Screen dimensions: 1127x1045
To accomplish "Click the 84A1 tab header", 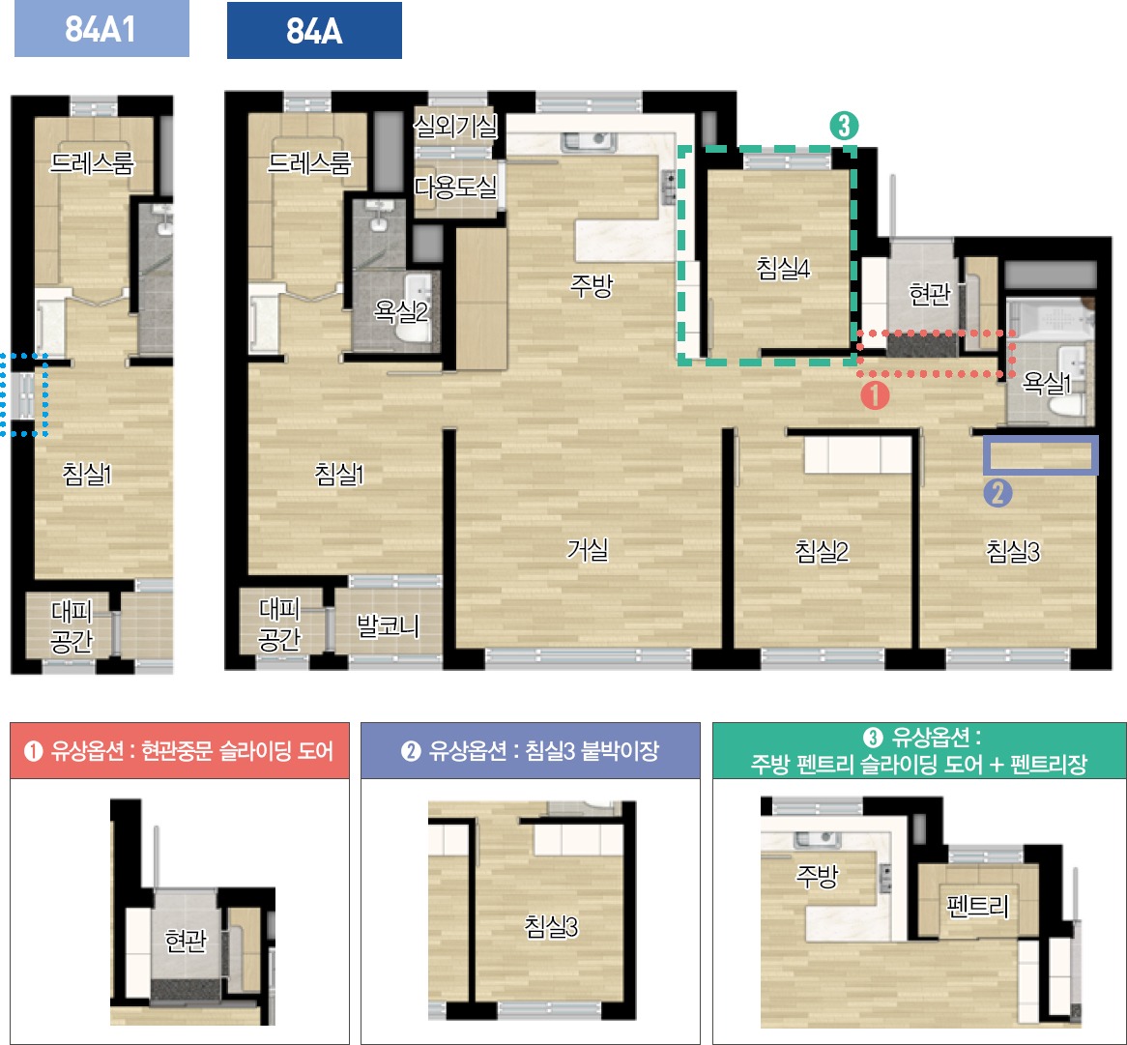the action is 101,29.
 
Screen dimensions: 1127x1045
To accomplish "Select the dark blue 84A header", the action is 314,30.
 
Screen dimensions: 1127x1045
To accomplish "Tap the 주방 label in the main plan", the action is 591,286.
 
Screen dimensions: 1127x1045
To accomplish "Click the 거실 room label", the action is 588,550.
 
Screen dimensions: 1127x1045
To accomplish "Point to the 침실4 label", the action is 783,268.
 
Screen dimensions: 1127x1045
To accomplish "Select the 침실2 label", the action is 822,551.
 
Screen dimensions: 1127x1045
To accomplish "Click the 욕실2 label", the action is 400,311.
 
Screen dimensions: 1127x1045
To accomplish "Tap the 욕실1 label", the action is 1047,383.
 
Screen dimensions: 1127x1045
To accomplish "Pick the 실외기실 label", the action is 455,127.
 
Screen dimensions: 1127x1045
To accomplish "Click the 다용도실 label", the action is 455,188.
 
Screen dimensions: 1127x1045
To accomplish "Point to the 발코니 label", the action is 389,626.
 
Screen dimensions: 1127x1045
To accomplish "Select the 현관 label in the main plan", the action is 930,293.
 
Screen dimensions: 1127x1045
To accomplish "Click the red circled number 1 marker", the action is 875,394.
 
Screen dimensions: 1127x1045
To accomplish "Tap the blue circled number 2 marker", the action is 997,493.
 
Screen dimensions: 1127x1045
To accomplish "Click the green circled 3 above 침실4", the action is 845,126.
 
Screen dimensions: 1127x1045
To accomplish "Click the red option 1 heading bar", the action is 180,751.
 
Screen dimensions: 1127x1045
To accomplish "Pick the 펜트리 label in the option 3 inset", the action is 977,906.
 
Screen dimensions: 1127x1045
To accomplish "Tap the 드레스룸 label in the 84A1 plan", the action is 92,163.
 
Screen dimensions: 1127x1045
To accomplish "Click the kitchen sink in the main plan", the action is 589,141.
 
